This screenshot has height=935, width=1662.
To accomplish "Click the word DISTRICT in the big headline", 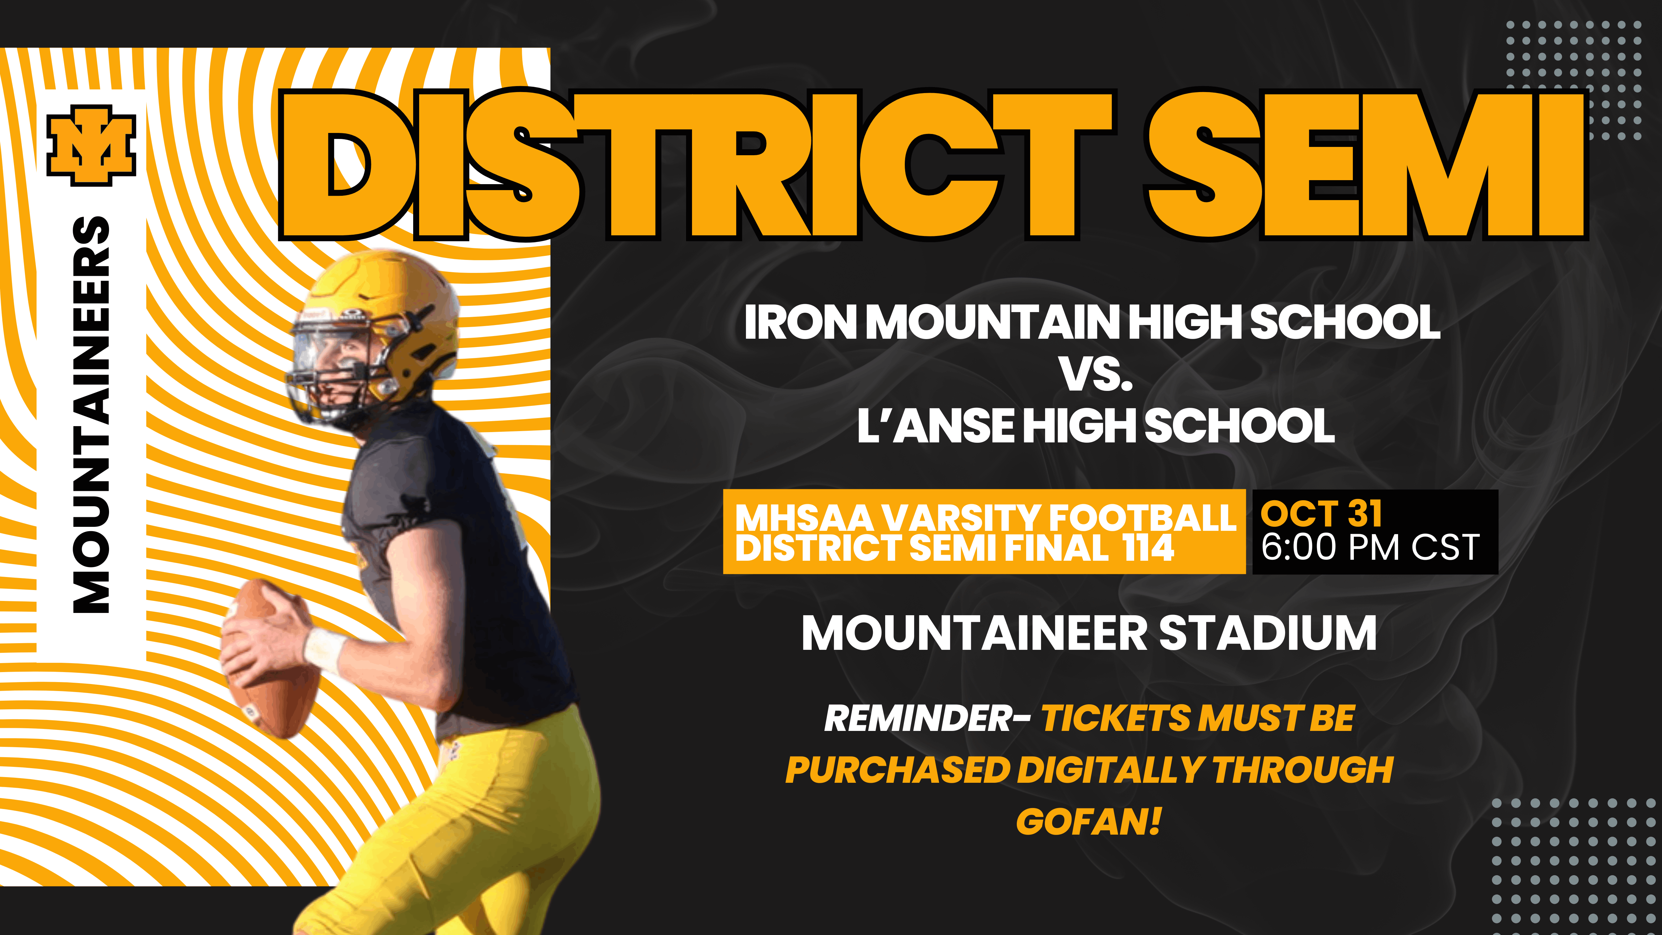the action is coord(697,165).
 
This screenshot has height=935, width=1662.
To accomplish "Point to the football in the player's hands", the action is coord(271,658).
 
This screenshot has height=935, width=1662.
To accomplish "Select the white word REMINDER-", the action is coord(927,718).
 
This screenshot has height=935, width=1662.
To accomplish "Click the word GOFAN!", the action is coord(1089,821).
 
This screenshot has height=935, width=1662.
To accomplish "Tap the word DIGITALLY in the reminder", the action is coord(1110,770).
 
